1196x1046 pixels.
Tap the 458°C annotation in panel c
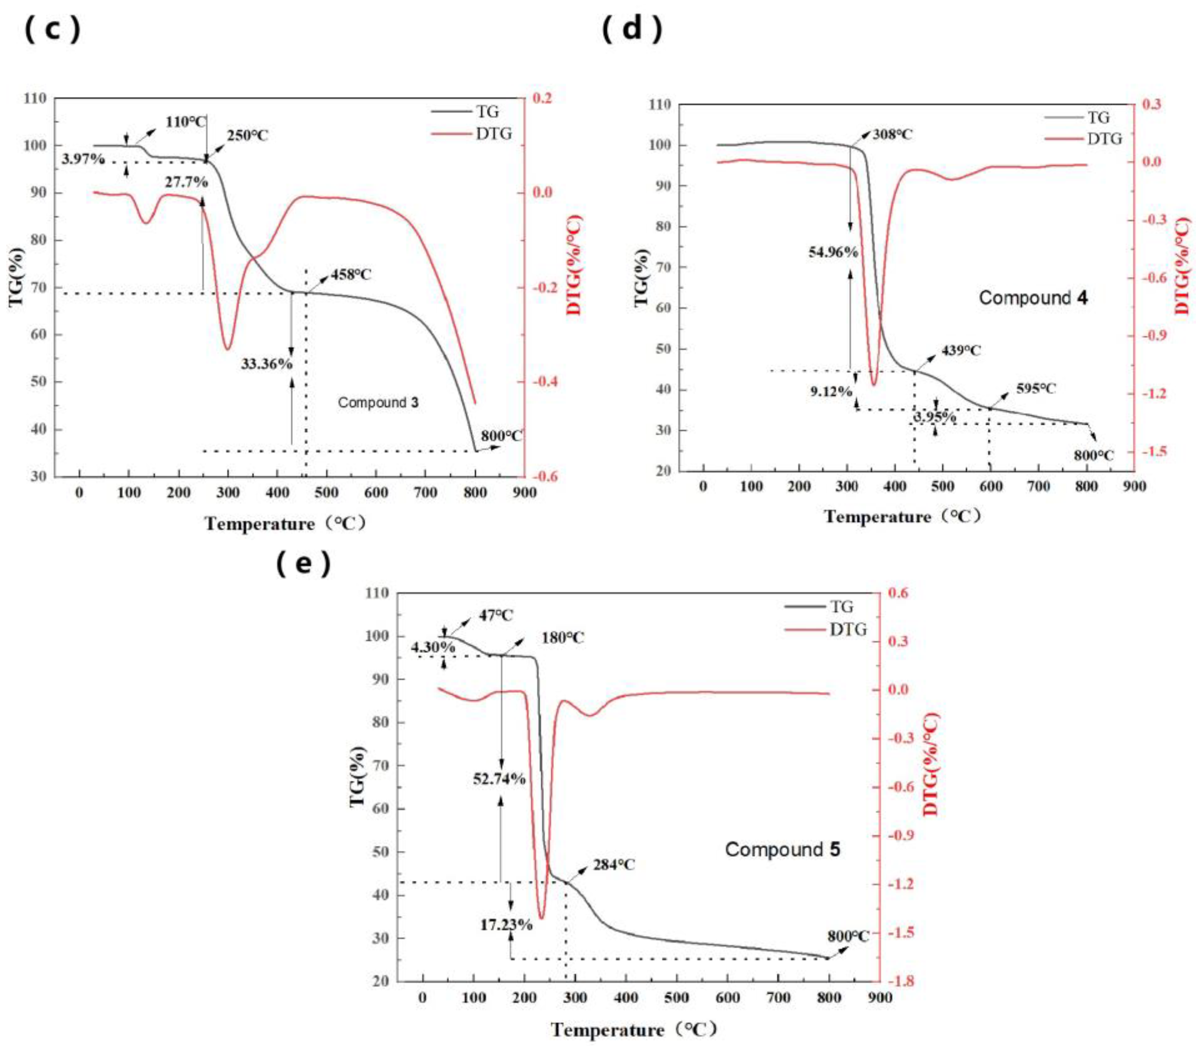(351, 274)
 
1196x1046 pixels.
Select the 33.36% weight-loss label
(266, 364)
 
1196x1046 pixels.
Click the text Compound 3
(378, 403)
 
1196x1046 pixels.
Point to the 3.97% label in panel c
(82, 159)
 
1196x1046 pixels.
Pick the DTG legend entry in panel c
(493, 134)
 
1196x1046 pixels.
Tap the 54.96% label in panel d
(833, 252)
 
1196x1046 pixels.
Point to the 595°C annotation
(1036, 389)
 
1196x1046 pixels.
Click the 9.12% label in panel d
(831, 392)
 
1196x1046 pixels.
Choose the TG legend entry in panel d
(1098, 117)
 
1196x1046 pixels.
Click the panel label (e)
(303, 563)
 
